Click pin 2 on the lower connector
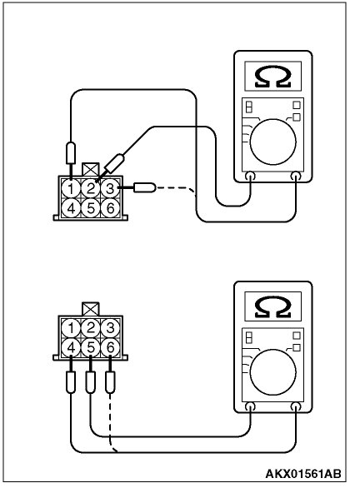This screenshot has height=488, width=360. click(x=91, y=327)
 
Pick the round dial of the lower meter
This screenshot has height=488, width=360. click(x=272, y=369)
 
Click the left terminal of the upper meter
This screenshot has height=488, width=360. click(x=251, y=176)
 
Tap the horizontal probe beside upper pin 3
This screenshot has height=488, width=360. click(x=145, y=187)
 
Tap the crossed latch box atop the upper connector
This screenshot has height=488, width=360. click(x=91, y=169)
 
